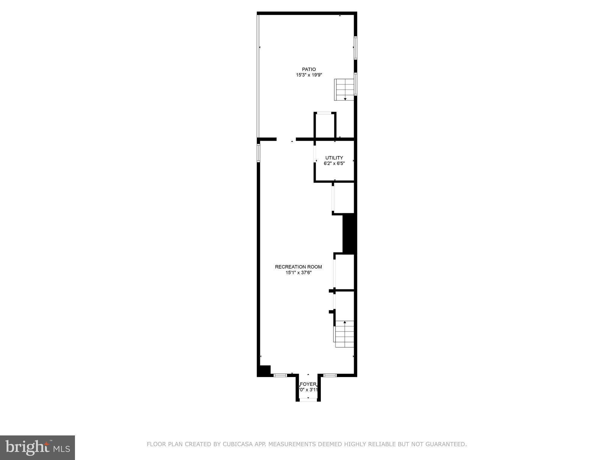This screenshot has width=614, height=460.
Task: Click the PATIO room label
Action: (x=309, y=69)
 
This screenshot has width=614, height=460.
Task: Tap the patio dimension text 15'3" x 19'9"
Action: (x=309, y=75)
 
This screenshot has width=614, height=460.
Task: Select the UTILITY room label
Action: (x=334, y=158)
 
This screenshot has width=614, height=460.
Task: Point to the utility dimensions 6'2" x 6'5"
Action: (x=334, y=164)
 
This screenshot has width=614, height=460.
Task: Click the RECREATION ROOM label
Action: (x=298, y=267)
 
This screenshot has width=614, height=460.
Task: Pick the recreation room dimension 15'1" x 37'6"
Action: (x=298, y=273)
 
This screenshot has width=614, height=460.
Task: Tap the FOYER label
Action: (x=308, y=384)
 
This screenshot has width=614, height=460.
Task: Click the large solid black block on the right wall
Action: (x=349, y=234)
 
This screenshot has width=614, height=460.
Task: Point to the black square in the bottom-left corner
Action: (x=264, y=370)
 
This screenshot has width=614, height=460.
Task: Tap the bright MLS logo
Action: (x=37, y=447)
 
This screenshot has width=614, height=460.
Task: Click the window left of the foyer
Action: (x=280, y=375)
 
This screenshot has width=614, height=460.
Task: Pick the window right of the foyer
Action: (x=330, y=375)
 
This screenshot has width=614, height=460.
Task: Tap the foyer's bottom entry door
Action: (x=308, y=400)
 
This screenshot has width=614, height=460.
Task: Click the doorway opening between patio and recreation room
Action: (x=286, y=139)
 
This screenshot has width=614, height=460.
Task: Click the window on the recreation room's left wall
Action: (x=258, y=153)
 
